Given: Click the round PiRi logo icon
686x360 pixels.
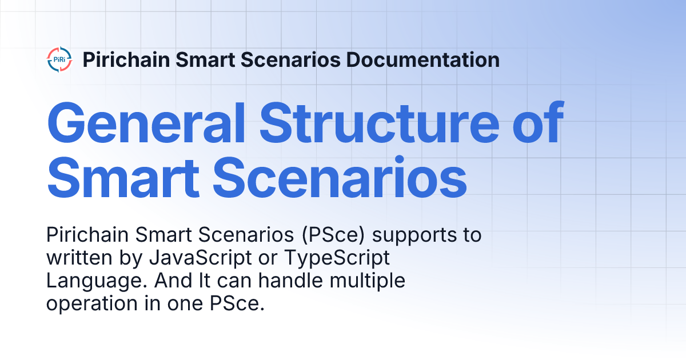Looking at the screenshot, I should (59, 60).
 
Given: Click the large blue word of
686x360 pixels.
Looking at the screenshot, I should (535, 124).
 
